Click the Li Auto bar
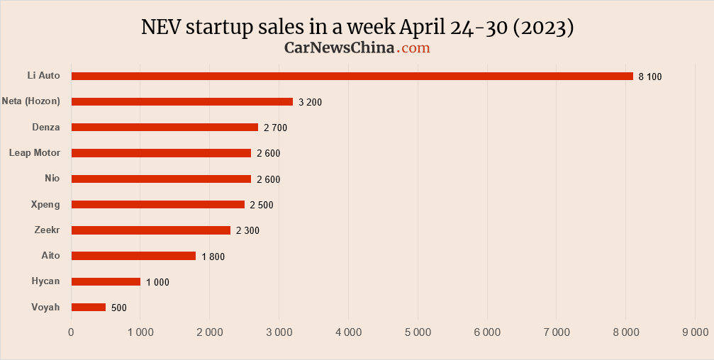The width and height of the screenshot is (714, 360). (352, 76)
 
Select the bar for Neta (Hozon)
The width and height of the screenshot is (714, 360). (182, 101)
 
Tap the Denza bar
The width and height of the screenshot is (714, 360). (164, 127)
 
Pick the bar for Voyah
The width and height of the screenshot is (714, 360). (89, 307)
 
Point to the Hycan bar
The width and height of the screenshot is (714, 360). (106, 281)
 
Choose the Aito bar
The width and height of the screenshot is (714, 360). (133, 256)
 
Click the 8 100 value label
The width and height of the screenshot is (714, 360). (650, 77)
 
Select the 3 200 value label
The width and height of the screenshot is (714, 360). (311, 102)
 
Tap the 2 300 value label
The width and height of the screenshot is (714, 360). (248, 230)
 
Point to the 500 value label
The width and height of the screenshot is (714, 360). (119, 308)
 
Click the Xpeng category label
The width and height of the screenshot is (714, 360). (46, 204)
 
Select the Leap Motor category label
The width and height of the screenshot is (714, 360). (35, 152)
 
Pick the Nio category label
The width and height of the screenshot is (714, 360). (52, 178)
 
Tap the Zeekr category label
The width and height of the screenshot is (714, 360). (47, 230)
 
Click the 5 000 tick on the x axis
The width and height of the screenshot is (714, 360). (417, 332)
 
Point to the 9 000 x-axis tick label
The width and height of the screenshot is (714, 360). (694, 332)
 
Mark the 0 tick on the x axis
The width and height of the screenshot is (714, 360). (71, 332)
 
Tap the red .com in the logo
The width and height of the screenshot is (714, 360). (413, 47)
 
